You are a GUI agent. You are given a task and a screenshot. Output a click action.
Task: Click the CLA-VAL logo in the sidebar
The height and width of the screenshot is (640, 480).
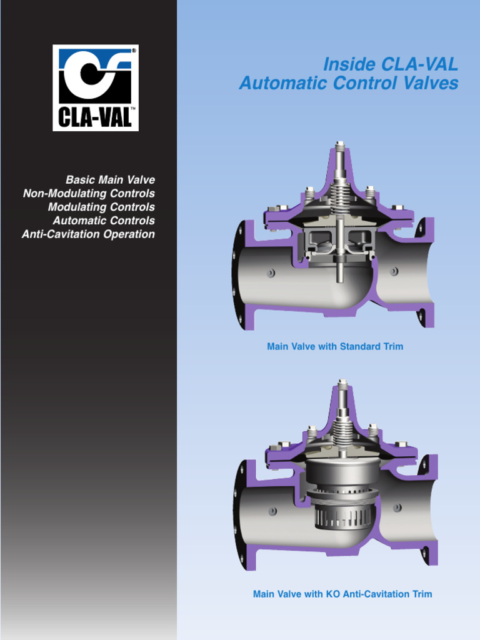(x=95, y=87)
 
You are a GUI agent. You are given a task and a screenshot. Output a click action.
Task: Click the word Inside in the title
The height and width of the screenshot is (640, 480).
(x=344, y=64)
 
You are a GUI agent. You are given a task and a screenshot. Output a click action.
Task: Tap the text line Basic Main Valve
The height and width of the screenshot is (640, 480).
(x=110, y=180)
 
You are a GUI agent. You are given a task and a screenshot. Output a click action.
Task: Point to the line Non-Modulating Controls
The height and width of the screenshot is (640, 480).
(x=89, y=194)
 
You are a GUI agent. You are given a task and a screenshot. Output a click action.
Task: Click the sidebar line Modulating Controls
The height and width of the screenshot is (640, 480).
(x=101, y=207)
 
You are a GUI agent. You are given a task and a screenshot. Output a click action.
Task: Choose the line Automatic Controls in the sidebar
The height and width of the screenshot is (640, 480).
(x=104, y=221)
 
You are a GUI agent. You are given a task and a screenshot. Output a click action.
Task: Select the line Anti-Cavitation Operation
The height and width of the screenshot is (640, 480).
(x=88, y=234)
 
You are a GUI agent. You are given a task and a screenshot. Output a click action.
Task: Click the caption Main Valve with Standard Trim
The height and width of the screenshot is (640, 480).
(x=335, y=346)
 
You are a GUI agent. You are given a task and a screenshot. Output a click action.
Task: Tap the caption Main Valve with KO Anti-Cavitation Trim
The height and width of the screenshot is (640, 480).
(x=342, y=594)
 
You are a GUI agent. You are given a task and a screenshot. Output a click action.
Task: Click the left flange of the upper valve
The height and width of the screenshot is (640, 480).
(x=239, y=275)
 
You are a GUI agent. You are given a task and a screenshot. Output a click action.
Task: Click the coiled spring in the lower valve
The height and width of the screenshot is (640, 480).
(x=341, y=431)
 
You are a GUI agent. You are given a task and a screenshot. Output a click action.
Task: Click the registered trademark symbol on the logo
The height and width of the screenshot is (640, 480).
(x=134, y=49)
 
